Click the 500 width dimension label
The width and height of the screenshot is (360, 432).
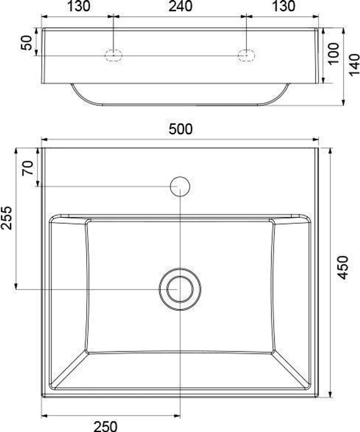(180, 129)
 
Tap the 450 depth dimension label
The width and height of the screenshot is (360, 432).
(342, 267)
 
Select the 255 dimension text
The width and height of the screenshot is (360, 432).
(6, 218)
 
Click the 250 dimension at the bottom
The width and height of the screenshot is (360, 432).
(105, 426)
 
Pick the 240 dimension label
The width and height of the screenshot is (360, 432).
(180, 6)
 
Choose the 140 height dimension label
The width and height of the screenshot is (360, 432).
(354, 65)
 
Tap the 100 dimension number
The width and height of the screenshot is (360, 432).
(334, 53)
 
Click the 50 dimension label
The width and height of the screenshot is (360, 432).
(26, 43)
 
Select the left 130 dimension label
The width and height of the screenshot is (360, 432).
(79, 6)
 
